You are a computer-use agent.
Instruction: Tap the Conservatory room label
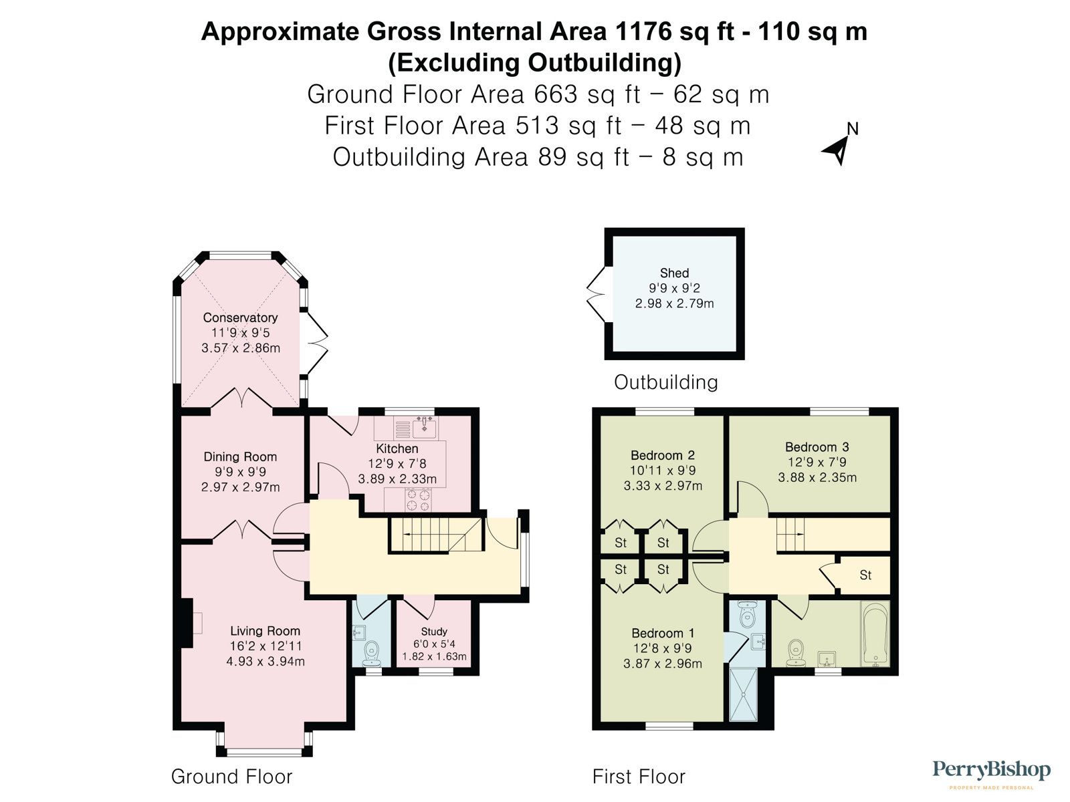[240, 317]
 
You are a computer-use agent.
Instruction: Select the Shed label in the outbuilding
[674, 273]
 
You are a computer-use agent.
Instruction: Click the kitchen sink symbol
[424, 425]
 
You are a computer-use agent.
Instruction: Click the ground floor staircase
[435, 535]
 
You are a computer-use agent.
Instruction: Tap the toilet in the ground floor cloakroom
[370, 652]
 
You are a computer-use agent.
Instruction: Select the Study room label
[434, 631]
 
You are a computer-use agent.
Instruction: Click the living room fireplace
[187, 624]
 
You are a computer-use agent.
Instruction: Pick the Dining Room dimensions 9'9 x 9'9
[240, 472]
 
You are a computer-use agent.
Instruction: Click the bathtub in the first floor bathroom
[875, 634]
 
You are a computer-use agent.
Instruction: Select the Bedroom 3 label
[817, 446]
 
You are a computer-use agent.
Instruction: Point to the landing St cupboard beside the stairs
[865, 575]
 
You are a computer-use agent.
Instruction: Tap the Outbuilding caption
[665, 382]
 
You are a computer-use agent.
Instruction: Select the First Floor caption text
[639, 777]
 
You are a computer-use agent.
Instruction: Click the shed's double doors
[595, 294]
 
